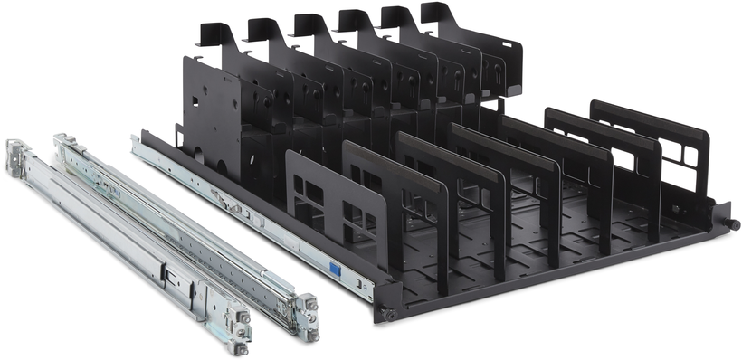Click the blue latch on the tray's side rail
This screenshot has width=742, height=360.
tap(334, 269)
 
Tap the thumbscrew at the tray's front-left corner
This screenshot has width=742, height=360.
tap(387, 314)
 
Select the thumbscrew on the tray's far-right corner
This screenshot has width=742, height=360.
tap(731, 223)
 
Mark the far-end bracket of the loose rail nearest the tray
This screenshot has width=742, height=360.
tap(65, 144)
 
